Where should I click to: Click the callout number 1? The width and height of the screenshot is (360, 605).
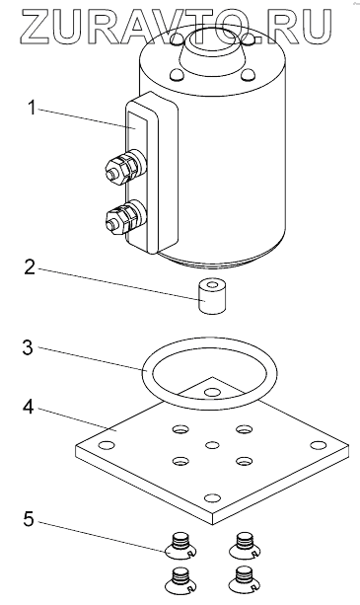point(32,109)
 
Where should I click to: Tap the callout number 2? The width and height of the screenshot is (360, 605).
point(30,267)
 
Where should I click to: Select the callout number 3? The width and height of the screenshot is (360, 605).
point(29,347)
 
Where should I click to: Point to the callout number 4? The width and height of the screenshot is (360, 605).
point(29,407)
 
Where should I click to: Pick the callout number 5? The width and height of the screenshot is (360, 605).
point(29,519)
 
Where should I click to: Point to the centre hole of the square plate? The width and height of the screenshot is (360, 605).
point(212,446)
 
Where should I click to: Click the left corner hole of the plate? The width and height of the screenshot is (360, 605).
point(107,445)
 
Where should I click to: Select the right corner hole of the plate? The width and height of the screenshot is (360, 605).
point(318,445)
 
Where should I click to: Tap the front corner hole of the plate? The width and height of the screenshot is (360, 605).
point(212,498)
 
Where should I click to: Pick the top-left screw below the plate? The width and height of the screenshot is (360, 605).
point(181,545)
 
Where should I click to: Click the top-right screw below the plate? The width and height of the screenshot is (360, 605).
point(245,545)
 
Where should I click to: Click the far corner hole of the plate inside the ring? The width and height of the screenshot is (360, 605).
point(211,393)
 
